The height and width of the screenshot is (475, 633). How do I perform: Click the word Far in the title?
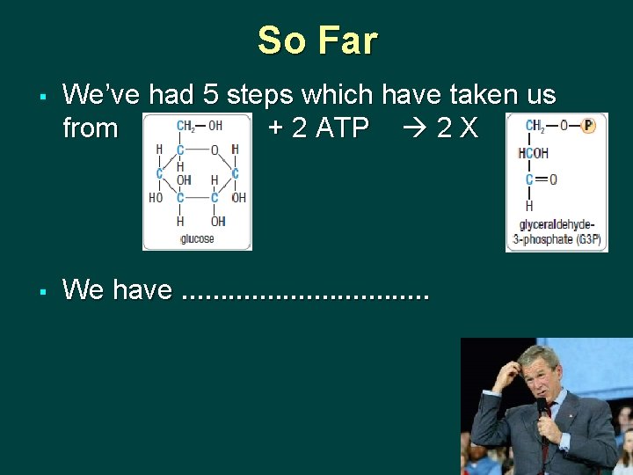click(347, 40)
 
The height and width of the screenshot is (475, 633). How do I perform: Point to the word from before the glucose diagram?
click(91, 128)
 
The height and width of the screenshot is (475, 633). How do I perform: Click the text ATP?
click(342, 128)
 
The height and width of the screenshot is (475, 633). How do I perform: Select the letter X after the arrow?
click(469, 128)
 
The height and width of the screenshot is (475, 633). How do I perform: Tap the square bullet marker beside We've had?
click(42, 94)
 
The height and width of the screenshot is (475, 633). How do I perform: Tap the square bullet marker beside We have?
click(42, 290)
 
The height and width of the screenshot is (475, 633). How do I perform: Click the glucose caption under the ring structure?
click(197, 238)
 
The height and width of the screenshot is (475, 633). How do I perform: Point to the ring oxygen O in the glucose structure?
click(214, 150)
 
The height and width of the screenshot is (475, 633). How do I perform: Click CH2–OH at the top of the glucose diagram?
click(199, 126)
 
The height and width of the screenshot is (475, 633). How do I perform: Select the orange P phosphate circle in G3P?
click(587, 126)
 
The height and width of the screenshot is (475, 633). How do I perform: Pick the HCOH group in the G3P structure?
click(534, 153)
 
